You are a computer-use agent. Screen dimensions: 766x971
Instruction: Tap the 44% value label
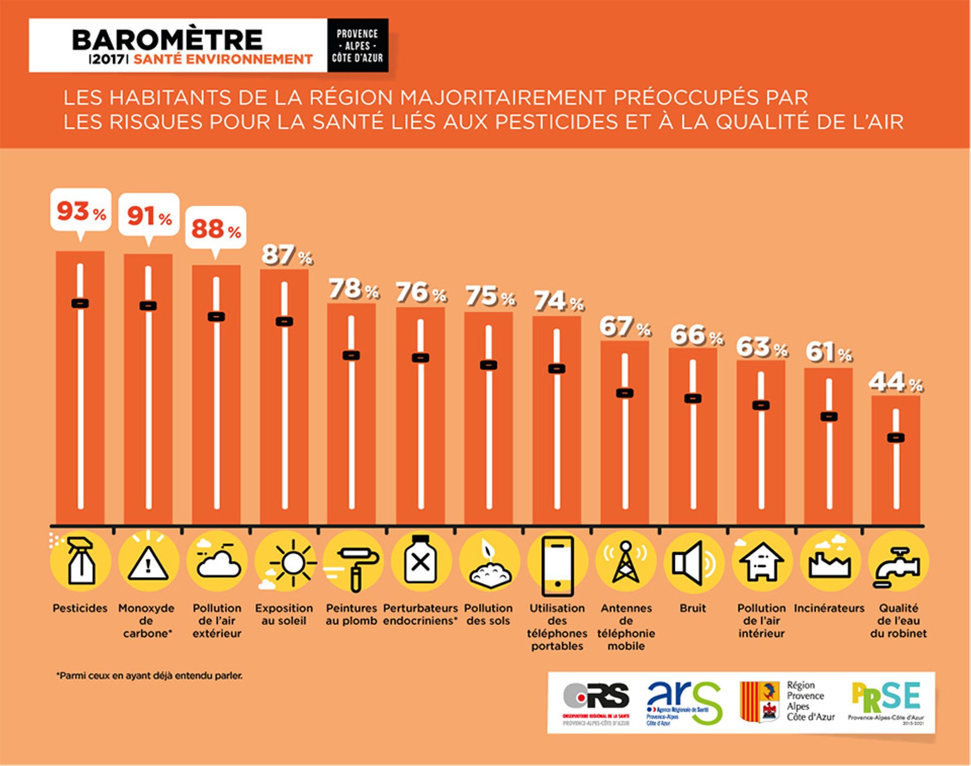[895, 382]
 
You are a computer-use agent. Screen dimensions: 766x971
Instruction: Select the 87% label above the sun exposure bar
[286, 255]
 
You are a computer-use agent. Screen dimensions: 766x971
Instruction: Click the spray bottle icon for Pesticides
[81, 561]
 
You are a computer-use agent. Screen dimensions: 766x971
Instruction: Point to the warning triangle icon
[148, 563]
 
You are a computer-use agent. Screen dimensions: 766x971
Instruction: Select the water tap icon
[898, 566]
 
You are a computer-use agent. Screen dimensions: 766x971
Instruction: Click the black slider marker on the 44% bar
[896, 438]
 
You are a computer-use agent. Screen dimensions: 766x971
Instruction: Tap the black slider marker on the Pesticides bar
[80, 304]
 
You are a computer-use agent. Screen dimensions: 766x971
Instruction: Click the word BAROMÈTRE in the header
[167, 40]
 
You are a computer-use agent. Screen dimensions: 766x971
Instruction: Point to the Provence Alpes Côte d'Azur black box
[357, 46]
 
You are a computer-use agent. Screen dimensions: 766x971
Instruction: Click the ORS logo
[596, 702]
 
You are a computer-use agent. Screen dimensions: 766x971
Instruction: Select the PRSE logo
[886, 702]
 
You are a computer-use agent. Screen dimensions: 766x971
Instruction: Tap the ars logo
[684, 702]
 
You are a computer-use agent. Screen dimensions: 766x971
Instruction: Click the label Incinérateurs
[829, 608]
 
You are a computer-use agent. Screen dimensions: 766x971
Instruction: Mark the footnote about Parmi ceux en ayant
[150, 676]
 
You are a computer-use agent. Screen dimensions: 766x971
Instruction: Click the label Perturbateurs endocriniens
[420, 614]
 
